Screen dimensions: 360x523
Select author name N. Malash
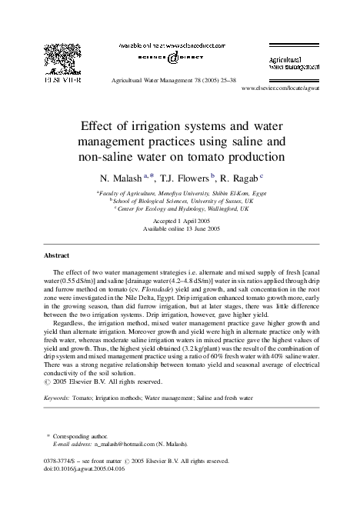(115, 176)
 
